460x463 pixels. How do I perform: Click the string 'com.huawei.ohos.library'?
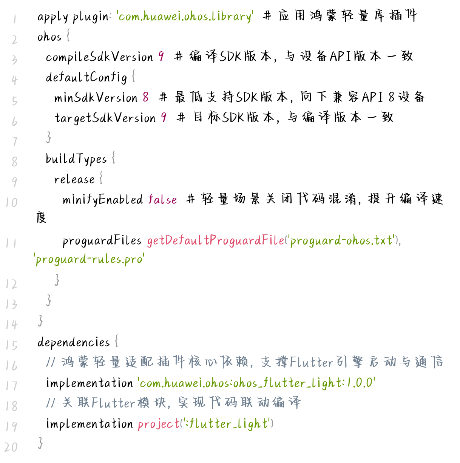[185, 17]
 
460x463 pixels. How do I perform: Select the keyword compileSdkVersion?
[99, 57]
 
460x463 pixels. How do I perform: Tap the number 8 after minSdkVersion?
[146, 97]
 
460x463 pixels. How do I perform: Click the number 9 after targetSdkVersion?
[164, 118]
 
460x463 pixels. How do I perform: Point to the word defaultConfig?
[86, 77]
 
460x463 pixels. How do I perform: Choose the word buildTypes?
[76, 159]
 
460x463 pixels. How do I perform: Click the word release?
[74, 179]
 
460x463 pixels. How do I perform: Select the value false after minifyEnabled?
[162, 199]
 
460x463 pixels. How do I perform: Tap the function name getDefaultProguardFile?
[216, 240]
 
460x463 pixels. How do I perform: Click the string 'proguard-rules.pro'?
[90, 259]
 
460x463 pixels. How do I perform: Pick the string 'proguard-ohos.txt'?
[342, 240]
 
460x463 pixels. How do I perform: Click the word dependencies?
[74, 342]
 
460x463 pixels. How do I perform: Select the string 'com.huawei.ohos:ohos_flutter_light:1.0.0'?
[256, 383]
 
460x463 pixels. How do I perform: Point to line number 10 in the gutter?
[11, 203]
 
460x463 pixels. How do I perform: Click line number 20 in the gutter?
[11, 447]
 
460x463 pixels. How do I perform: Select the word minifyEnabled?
[103, 199]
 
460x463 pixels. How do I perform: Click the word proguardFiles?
[102, 240]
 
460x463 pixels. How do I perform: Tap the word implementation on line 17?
[90, 383]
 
